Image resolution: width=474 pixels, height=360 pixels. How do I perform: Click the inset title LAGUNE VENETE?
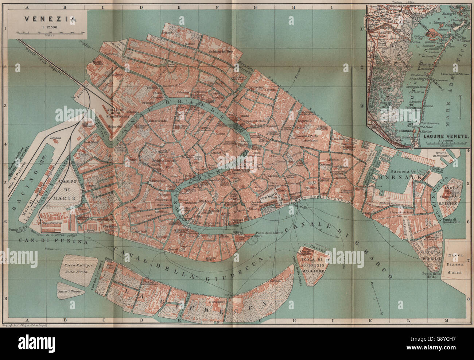[x=446, y=138]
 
